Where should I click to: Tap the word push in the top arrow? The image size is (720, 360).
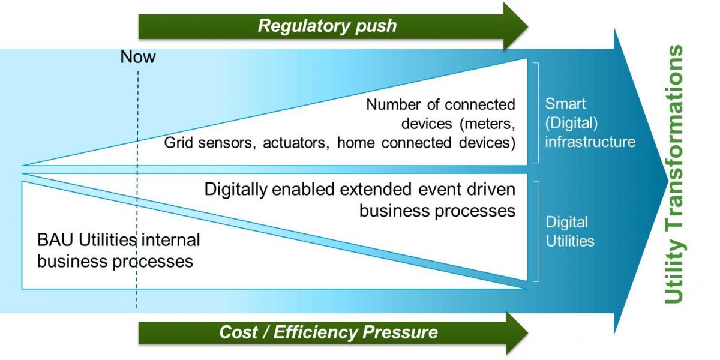click(375, 26)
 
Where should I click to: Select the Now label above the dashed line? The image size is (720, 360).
click(137, 57)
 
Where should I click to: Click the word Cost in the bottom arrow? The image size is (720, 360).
click(239, 332)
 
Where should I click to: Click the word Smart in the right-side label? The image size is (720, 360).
click(565, 104)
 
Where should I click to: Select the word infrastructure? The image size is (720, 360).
click(590, 142)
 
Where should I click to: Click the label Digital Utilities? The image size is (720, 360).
click(569, 232)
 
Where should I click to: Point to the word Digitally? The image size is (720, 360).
click(236, 190)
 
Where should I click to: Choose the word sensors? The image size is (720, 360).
click(231, 143)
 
